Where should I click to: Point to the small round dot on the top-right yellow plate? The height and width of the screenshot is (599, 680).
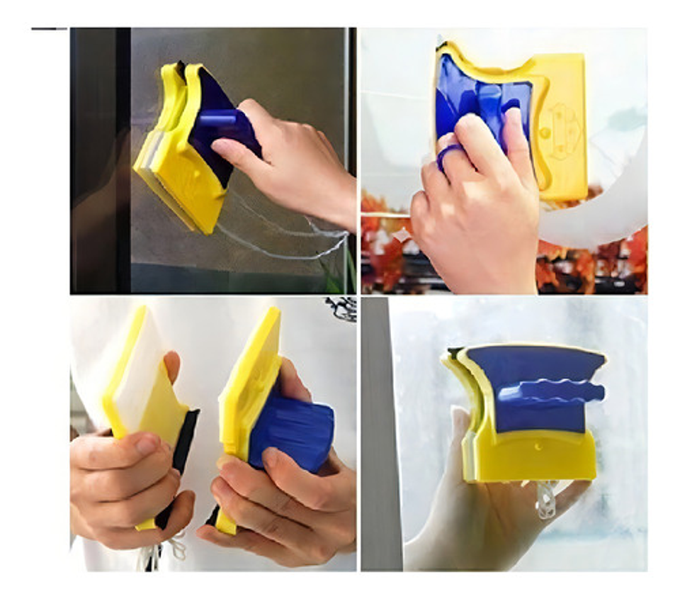pos(544,133)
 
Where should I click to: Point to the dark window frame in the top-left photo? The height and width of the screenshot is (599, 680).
pos(99,156)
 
